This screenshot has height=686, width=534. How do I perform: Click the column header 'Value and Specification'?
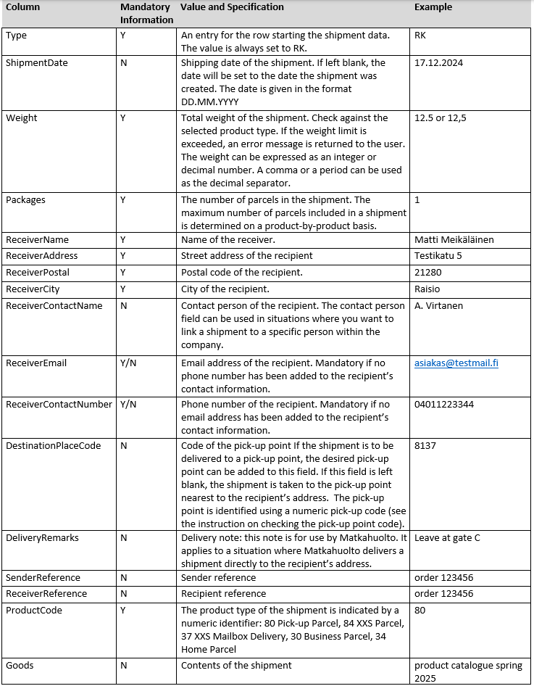click(x=232, y=7)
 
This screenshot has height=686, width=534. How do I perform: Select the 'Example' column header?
click(x=433, y=7)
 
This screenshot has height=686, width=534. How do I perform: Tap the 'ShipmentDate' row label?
click(x=36, y=63)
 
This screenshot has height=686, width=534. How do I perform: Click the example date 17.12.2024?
click(x=438, y=63)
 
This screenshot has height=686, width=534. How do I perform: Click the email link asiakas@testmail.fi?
click(x=456, y=363)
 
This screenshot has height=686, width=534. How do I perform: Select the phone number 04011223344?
click(x=444, y=405)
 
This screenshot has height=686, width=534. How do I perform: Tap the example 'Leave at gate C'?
click(x=446, y=538)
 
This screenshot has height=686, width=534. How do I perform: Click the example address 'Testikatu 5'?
click(x=438, y=256)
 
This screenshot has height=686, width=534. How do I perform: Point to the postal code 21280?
click(x=427, y=273)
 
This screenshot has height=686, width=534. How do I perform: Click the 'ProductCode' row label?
click(x=33, y=611)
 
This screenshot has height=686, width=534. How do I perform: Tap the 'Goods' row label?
click(x=20, y=665)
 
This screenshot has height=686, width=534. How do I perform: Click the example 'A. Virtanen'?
click(x=438, y=306)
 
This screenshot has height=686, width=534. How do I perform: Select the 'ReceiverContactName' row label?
click(x=54, y=306)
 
